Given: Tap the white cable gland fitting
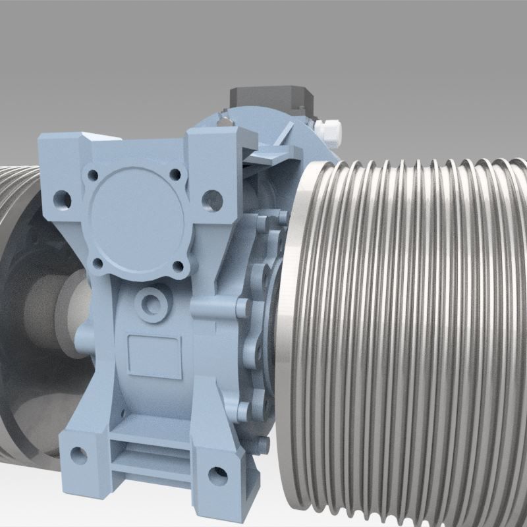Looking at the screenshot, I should [329, 129].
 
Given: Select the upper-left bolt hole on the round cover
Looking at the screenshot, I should [93, 177].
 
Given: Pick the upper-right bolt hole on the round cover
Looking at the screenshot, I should [175, 175].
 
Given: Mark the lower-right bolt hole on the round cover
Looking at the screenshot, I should [178, 266].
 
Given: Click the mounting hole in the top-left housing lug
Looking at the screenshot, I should [63, 197].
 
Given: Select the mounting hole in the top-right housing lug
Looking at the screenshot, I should [211, 197].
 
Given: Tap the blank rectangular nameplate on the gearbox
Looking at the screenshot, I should [154, 357].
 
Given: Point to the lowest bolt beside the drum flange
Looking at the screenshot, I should [263, 444].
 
